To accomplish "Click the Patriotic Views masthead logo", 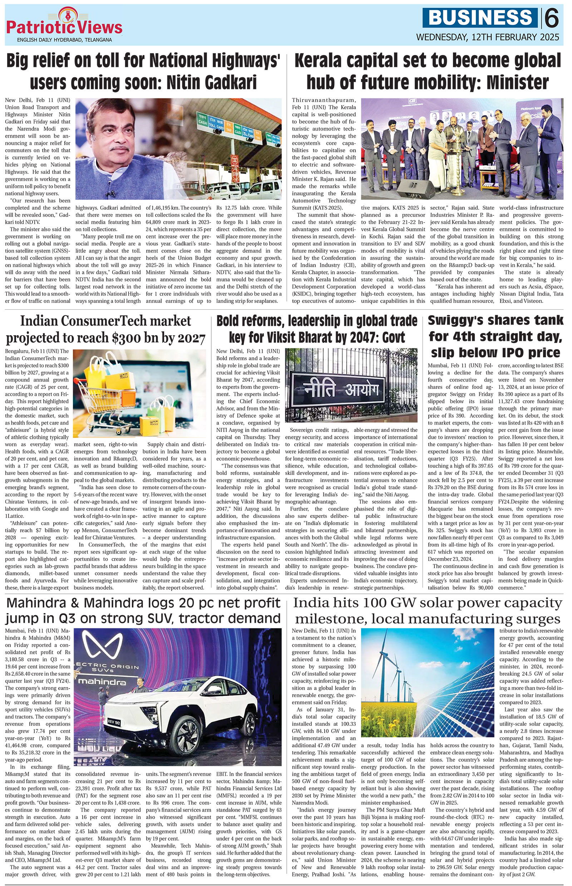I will click(x=64, y=26).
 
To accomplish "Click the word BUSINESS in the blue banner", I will click(x=480, y=17).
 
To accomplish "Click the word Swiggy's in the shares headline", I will click(x=462, y=320).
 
